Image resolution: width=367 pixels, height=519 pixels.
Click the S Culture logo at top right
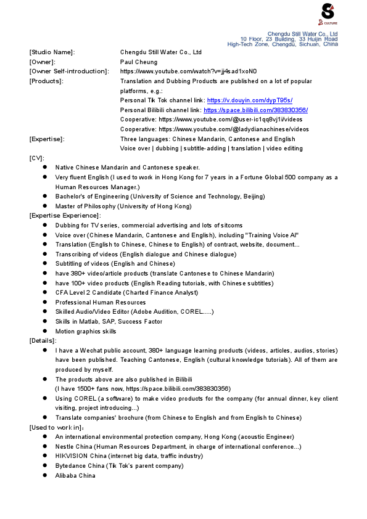click(328, 12)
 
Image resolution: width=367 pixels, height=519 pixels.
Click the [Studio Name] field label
click(52, 52)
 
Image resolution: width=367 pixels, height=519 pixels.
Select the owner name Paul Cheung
click(138, 62)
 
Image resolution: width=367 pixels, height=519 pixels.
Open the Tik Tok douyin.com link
click(249, 100)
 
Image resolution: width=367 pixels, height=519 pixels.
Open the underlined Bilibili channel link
click(255, 110)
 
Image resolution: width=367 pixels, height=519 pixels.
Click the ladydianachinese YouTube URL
click(234, 129)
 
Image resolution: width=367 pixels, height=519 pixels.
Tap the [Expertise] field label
click(47, 139)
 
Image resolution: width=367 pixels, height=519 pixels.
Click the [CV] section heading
click(37, 158)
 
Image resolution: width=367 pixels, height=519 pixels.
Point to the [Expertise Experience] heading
click(65, 215)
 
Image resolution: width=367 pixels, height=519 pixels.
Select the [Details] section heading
click(42, 340)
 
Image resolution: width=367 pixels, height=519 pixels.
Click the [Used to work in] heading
click(56, 427)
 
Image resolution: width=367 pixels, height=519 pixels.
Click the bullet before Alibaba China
click(46, 475)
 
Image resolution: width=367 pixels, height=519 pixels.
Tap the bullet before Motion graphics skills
click(46, 331)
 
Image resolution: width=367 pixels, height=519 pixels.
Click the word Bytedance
click(70, 465)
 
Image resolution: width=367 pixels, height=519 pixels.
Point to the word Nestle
click(65, 446)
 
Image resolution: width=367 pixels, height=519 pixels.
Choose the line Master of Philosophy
click(123, 206)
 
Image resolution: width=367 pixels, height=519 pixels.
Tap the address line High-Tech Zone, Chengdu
click(282, 44)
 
